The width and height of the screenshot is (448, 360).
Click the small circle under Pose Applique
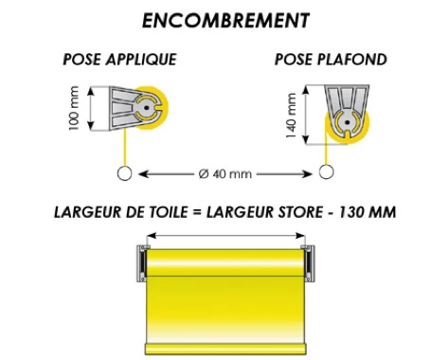point(122,172)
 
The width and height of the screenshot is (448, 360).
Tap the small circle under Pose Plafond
point(327,172)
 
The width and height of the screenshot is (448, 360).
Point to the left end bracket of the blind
point(143,262)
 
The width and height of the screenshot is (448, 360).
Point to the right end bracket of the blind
point(306,262)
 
